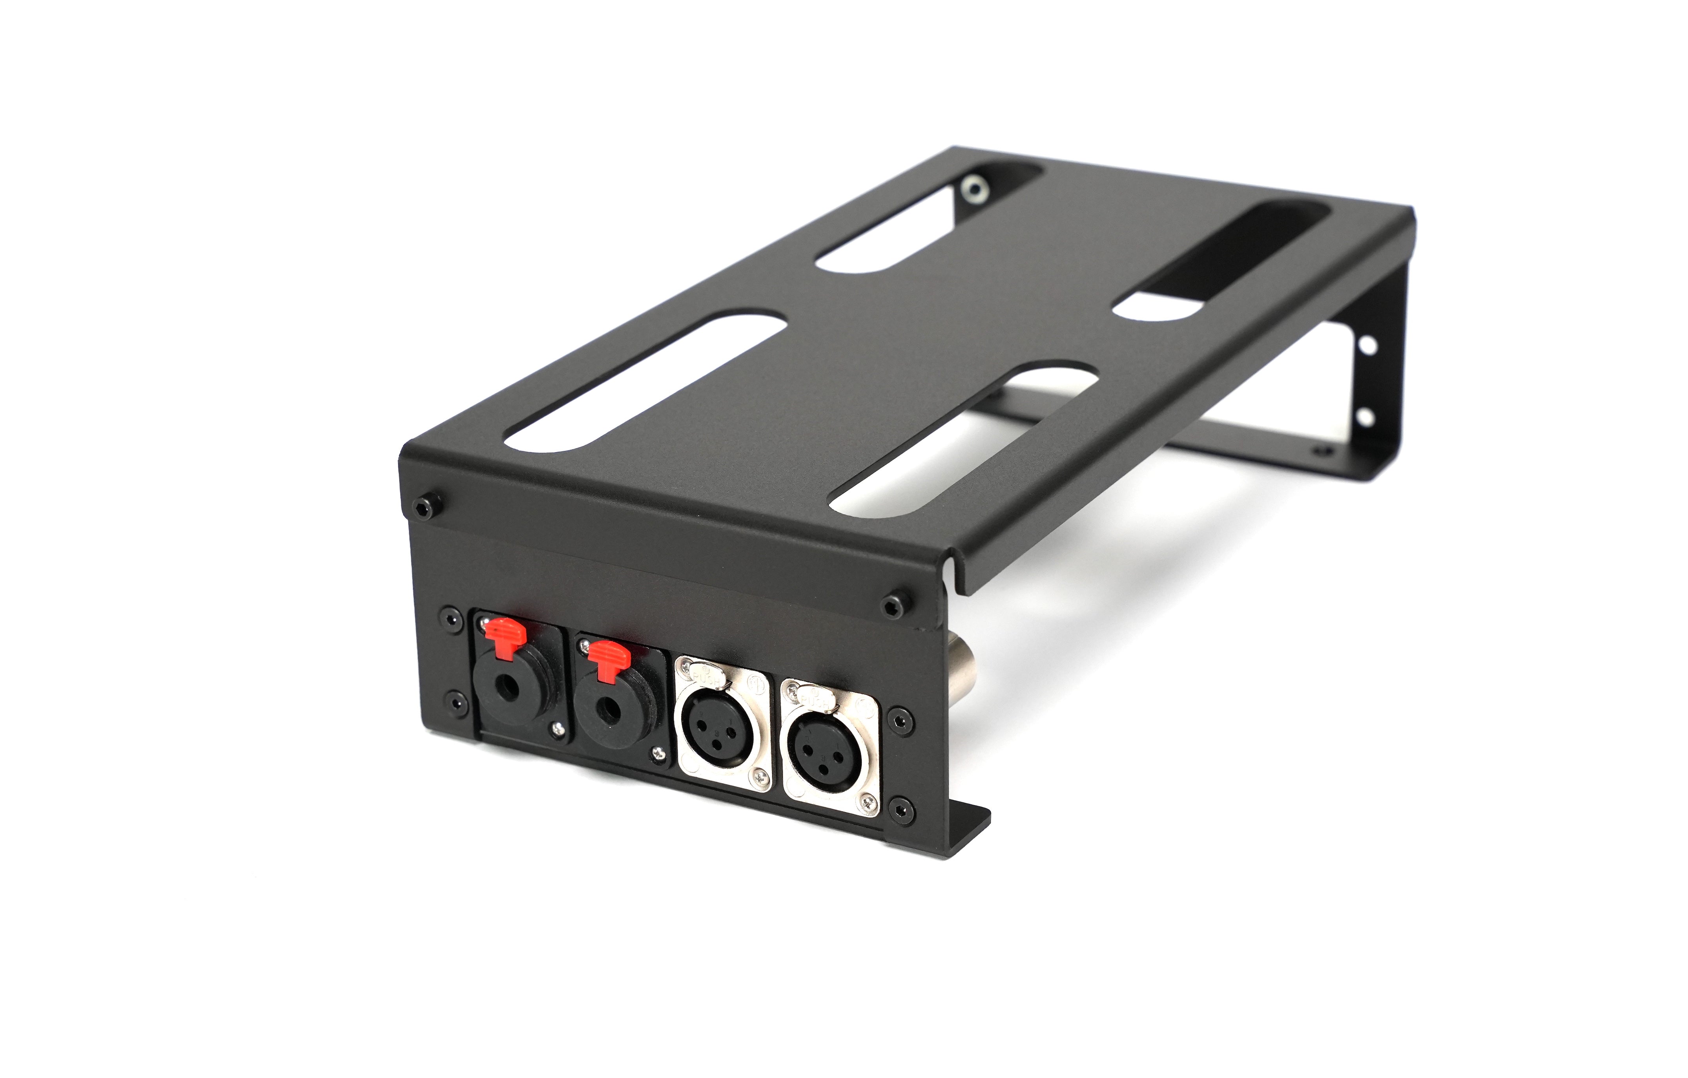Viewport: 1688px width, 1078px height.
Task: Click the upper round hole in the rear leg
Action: click(x=1366, y=345)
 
